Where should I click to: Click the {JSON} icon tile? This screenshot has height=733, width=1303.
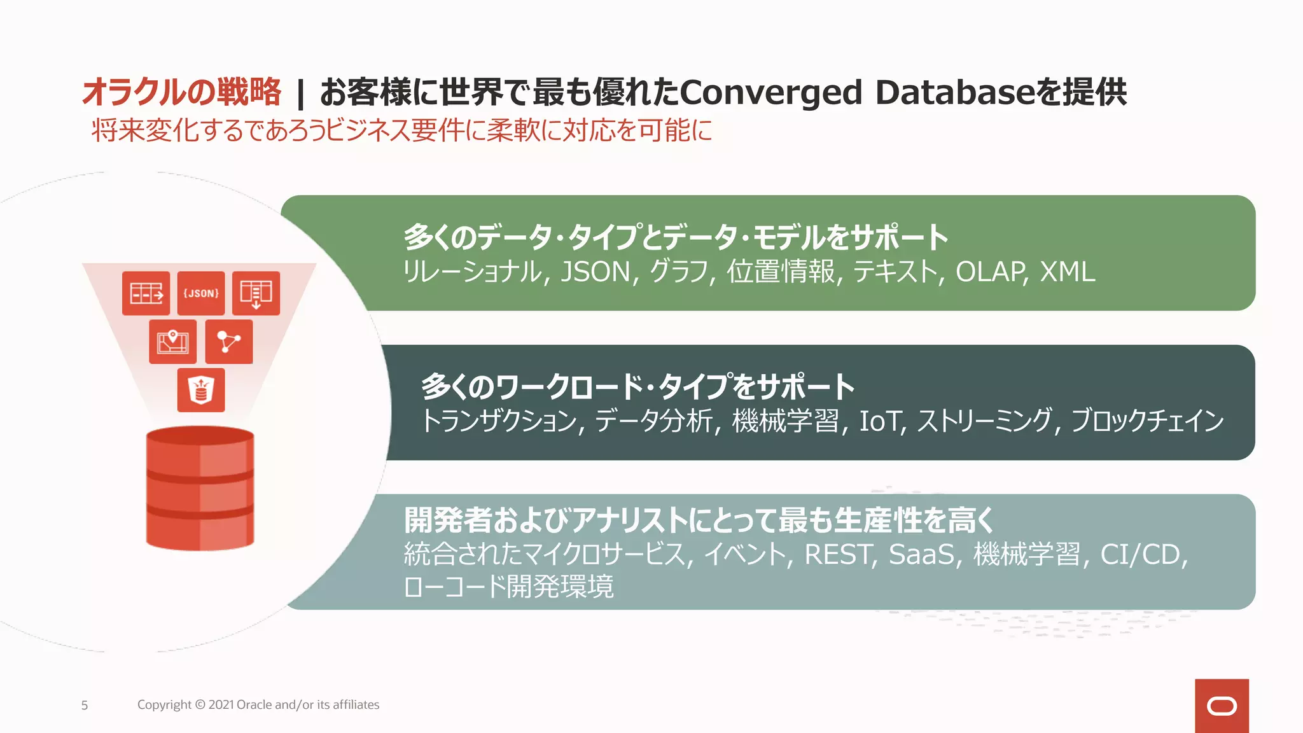click(x=201, y=293)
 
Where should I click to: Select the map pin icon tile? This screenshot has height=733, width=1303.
click(x=172, y=342)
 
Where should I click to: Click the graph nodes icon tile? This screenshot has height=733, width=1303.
click(x=229, y=342)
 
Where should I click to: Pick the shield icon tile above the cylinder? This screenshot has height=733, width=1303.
click(x=201, y=390)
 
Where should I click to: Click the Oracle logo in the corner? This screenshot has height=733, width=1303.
click(x=1222, y=706)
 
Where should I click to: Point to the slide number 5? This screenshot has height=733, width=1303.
click(x=85, y=705)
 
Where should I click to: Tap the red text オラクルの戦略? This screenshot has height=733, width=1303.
click(x=182, y=92)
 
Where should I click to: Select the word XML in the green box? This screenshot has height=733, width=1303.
click(x=1067, y=272)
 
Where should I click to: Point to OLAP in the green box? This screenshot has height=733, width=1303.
click(x=990, y=272)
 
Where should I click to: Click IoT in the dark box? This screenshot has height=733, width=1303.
click(x=882, y=421)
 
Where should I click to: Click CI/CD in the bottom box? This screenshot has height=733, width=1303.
click(x=1142, y=554)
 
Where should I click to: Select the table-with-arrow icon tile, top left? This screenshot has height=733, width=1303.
click(x=146, y=293)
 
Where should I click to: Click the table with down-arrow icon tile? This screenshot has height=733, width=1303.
click(x=256, y=293)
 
